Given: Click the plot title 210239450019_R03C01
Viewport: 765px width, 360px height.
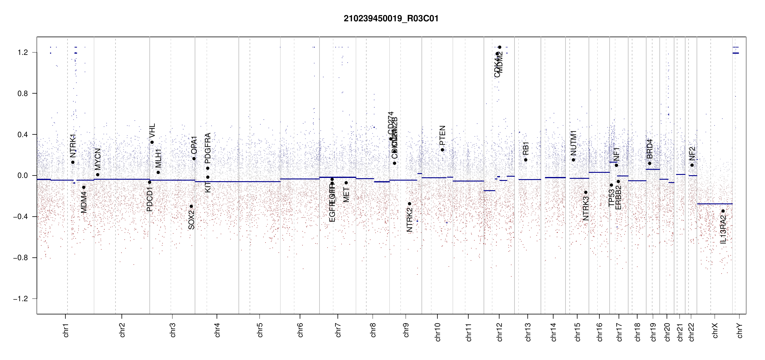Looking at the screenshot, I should coord(391,19).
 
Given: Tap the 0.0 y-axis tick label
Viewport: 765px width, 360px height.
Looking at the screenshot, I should coord(22,175).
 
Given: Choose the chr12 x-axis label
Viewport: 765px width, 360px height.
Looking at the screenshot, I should coord(499,332).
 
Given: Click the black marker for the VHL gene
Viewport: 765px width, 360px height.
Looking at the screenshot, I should coord(152,142).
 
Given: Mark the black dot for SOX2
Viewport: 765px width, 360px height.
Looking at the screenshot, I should coord(191,206).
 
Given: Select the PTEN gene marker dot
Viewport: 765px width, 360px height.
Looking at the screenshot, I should coord(442,150).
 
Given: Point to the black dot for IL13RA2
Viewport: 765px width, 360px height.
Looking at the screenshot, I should coord(723,211).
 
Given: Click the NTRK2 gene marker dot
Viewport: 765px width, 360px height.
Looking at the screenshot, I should coord(409,204).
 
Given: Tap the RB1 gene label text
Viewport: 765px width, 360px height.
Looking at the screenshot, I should coord(526,148).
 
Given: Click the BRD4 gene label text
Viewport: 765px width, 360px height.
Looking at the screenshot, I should coord(649,149).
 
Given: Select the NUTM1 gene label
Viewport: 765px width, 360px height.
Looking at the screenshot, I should coord(573,143).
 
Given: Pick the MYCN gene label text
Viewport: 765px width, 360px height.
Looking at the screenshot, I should coord(97,159).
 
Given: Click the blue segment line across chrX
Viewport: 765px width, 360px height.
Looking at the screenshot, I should coord(715,204).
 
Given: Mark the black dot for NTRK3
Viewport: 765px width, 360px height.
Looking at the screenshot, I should coord(586,192).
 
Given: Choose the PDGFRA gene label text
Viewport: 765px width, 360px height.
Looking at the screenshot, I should coord(208,148).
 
